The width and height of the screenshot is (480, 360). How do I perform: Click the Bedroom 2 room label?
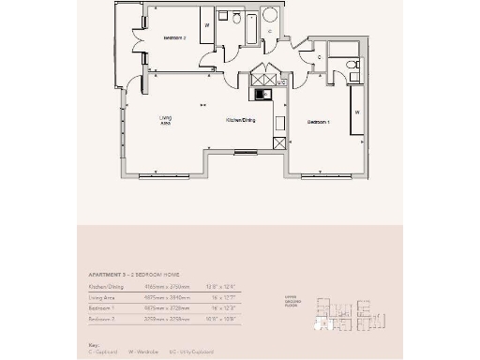click(x=175, y=37)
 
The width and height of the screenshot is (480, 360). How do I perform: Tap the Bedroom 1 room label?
click(x=321, y=123)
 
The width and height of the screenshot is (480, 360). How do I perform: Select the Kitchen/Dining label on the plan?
click(x=240, y=121)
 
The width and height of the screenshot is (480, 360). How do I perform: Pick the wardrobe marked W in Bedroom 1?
click(x=357, y=111)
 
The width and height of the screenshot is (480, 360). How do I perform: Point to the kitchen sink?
click(x=264, y=93)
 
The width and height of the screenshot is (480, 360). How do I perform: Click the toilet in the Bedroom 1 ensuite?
click(x=350, y=64)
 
